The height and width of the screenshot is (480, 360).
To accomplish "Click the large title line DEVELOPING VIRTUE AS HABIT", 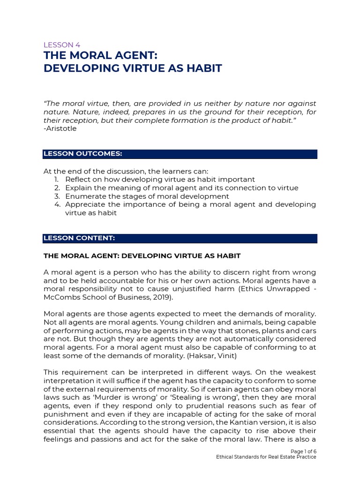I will pyautogui.click(x=132, y=69).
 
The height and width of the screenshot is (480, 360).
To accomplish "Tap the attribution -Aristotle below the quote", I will pyautogui.click(x=60, y=128).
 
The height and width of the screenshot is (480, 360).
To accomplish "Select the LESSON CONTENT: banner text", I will pyautogui.click(x=79, y=238).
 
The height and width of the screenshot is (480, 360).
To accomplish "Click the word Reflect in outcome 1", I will pyautogui.click(x=78, y=180).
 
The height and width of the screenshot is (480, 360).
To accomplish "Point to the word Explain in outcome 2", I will pyautogui.click(x=78, y=188).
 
